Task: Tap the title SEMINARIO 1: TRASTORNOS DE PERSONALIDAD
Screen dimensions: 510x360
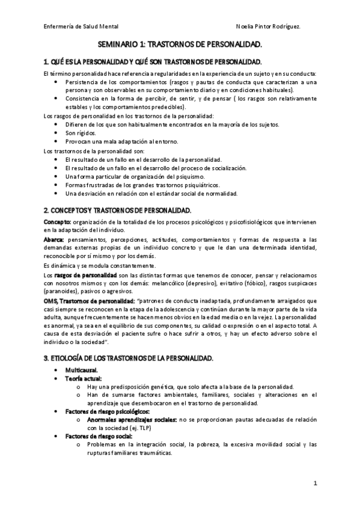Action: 180,45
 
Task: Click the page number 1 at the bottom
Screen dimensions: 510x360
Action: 316,484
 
